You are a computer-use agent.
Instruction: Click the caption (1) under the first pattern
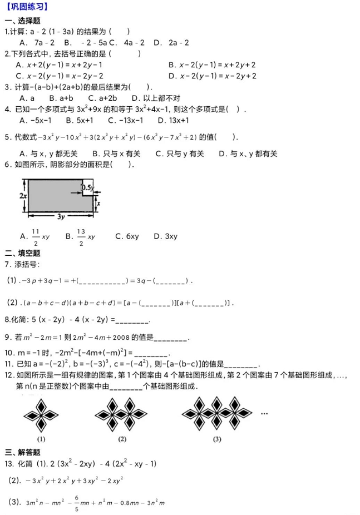coord(41,438)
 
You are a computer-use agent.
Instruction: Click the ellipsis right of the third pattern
coord(265,413)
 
